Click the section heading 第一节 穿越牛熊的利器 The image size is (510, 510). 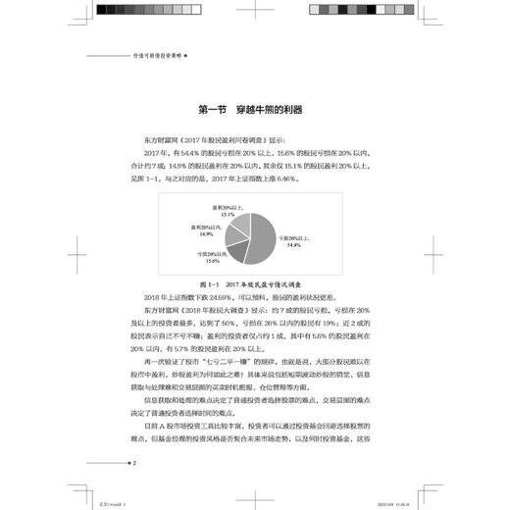point(253,109)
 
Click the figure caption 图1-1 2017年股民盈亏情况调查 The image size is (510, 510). point(255,282)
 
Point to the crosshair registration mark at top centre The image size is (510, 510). point(255,23)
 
